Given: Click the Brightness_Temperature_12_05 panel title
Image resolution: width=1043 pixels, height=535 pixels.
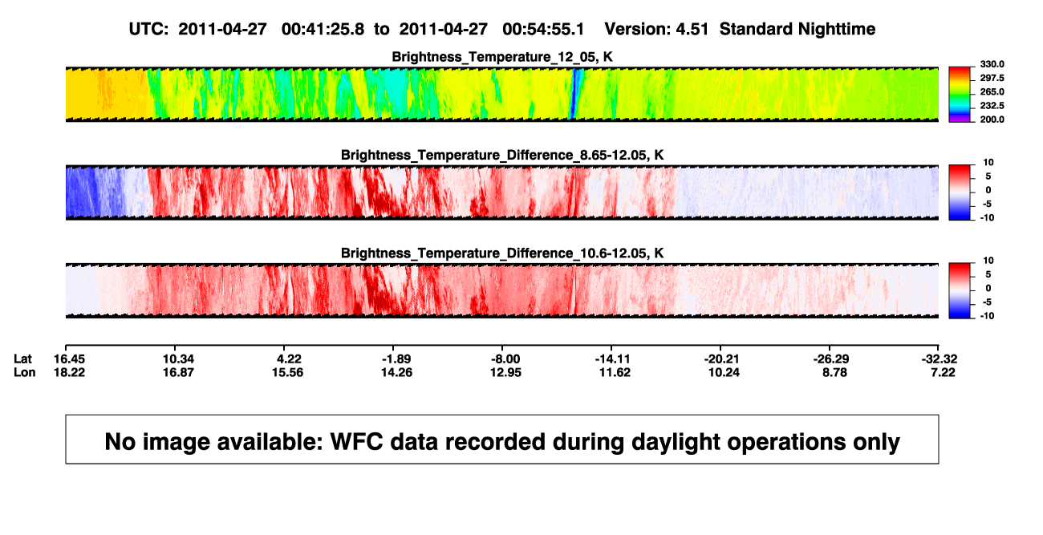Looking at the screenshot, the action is click(x=502, y=57).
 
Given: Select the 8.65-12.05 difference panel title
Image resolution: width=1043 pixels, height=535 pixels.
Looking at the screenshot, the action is click(x=502, y=155).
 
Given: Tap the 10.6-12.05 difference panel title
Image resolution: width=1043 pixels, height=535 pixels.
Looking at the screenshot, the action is click(x=502, y=253).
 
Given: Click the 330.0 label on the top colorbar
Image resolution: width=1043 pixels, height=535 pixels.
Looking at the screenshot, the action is click(x=992, y=64).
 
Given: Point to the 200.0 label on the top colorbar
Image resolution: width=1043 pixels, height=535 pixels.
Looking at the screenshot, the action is click(x=992, y=120).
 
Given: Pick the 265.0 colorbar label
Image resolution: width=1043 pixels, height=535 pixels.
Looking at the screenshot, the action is click(x=992, y=91).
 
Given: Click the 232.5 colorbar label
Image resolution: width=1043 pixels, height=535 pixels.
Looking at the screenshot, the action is click(x=992, y=106).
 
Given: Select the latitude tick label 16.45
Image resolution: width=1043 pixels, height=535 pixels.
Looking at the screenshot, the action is click(x=69, y=359).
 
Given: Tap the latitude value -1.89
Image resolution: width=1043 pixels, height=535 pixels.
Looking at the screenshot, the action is click(x=396, y=359).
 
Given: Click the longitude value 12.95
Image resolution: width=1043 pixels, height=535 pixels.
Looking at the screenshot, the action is click(x=505, y=372).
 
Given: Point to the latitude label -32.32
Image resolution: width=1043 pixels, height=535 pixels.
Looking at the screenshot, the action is click(x=940, y=359).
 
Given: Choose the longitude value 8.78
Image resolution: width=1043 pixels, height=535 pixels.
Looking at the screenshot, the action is click(x=834, y=372).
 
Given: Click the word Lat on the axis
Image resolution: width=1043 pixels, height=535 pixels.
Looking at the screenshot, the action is click(x=22, y=359).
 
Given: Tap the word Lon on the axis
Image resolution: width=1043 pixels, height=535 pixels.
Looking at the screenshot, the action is click(x=25, y=372).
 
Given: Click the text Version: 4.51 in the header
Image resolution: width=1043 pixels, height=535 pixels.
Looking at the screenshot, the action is click(x=656, y=30).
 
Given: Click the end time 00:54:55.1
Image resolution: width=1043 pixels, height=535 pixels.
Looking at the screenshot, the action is click(x=543, y=30).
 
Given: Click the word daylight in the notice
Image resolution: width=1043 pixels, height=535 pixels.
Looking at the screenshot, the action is click(x=671, y=442).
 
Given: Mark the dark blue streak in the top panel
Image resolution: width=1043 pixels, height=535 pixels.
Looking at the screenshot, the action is click(x=575, y=93).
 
